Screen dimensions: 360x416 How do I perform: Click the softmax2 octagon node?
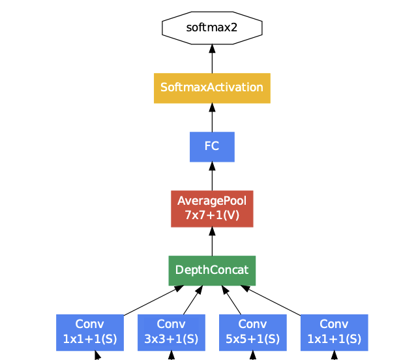point(212,27)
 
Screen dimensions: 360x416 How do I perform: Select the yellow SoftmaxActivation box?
point(212,88)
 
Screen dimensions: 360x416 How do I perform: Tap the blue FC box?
point(212,147)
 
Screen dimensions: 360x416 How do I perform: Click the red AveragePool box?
point(212,208)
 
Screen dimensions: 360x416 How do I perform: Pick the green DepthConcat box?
point(212,270)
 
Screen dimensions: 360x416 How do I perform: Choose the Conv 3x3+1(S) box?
point(171,332)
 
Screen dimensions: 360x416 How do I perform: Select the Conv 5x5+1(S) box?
point(252,332)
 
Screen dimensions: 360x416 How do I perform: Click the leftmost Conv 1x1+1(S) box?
point(90,332)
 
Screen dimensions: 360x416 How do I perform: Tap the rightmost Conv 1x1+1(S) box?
point(334,332)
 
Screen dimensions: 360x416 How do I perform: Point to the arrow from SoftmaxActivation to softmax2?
point(212,59)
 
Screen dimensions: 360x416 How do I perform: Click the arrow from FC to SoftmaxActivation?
point(212,118)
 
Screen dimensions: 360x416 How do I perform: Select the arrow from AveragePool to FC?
point(212,176)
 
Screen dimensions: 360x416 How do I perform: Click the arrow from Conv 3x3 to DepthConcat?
point(191,301)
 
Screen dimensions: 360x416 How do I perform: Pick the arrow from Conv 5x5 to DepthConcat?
point(233,301)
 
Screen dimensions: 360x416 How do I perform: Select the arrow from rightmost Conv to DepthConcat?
point(274,301)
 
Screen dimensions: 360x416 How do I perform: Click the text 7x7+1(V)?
point(212,215)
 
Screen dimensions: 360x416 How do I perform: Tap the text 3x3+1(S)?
point(171,339)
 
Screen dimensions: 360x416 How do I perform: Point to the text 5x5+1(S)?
point(252,339)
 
